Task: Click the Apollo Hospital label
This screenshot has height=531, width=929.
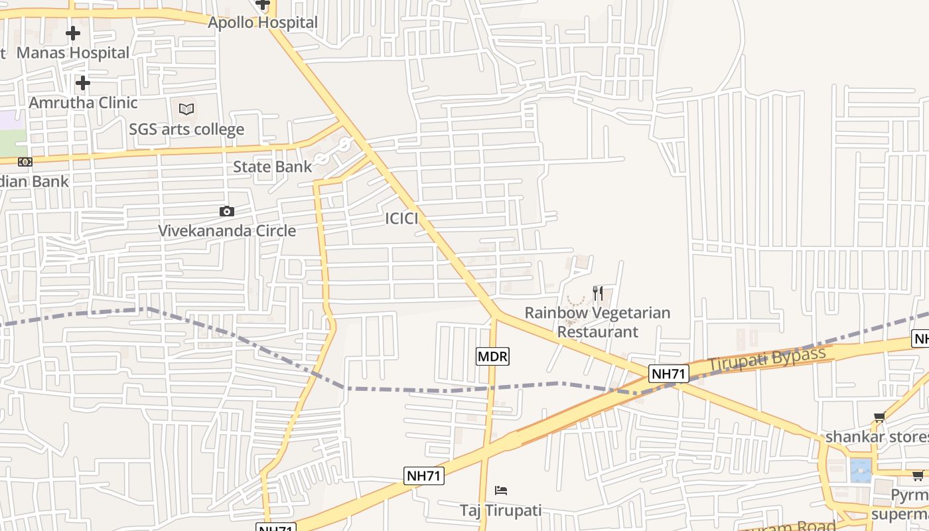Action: tap(263, 23)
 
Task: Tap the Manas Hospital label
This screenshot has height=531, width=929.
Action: tap(73, 52)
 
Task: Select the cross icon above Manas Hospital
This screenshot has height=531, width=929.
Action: tap(73, 33)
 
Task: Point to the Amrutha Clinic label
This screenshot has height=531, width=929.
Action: tap(83, 103)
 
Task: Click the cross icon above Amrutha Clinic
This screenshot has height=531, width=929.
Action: tap(82, 83)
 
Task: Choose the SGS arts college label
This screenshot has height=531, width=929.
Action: tap(186, 129)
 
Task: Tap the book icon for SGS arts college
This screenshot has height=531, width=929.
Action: tap(186, 109)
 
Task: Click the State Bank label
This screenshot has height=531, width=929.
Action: tap(272, 167)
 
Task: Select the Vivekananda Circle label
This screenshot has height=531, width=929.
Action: tap(227, 231)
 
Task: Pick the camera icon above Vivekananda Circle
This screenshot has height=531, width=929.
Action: tap(227, 212)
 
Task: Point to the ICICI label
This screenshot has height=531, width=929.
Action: tap(401, 219)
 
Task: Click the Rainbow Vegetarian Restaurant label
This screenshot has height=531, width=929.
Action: tap(597, 322)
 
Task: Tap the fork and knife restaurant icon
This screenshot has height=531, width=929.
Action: tap(598, 293)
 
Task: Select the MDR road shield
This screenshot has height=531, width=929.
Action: tap(492, 356)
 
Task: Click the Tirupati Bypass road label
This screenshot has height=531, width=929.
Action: tap(766, 359)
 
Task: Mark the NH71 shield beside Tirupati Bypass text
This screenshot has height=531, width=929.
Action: tap(668, 374)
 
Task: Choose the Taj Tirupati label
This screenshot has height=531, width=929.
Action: tap(501, 510)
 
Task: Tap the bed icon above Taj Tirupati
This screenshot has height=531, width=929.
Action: tap(501, 491)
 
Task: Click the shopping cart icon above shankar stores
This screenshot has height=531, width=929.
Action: tap(879, 417)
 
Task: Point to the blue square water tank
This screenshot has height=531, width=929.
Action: tap(861, 470)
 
